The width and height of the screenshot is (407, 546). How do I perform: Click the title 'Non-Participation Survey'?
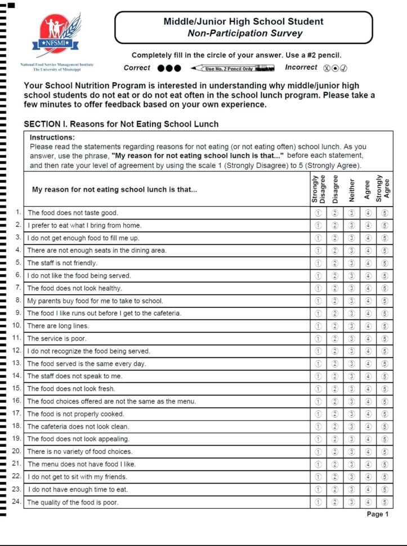(244, 33)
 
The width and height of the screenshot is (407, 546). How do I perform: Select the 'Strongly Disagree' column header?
(318, 188)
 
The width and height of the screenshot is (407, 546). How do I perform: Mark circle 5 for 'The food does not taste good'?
(385, 213)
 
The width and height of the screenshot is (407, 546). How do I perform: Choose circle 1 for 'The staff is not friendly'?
(318, 263)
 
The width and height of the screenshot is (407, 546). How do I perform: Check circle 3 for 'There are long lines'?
(352, 326)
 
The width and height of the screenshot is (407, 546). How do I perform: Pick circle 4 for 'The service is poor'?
(368, 338)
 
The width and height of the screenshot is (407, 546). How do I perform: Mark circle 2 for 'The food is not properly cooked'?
(335, 414)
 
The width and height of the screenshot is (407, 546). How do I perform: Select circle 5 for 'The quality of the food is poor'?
(385, 502)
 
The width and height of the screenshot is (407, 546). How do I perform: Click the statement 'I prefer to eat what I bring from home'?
(84, 225)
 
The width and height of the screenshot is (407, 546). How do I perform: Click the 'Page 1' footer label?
(377, 514)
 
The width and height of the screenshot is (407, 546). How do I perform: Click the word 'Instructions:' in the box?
(52, 137)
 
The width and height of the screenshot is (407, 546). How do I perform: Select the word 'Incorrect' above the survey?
(301, 68)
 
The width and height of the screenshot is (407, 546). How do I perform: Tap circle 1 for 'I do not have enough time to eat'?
(318, 490)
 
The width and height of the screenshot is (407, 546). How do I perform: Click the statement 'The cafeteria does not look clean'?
(78, 427)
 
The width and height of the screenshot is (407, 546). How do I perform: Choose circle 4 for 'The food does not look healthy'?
(368, 288)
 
